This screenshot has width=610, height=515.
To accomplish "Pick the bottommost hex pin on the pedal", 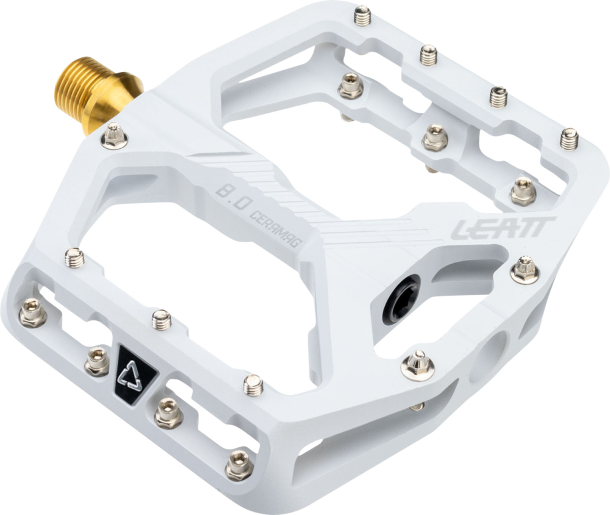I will click(x=239, y=467).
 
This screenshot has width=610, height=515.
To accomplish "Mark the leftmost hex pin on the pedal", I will click(x=32, y=314).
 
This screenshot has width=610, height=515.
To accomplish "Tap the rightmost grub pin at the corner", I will click(x=569, y=139).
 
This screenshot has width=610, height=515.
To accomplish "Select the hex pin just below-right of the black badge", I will click(x=168, y=413).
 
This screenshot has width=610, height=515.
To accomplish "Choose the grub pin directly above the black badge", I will click(x=161, y=319).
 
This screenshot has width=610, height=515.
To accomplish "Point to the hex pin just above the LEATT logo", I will click(x=523, y=192).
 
